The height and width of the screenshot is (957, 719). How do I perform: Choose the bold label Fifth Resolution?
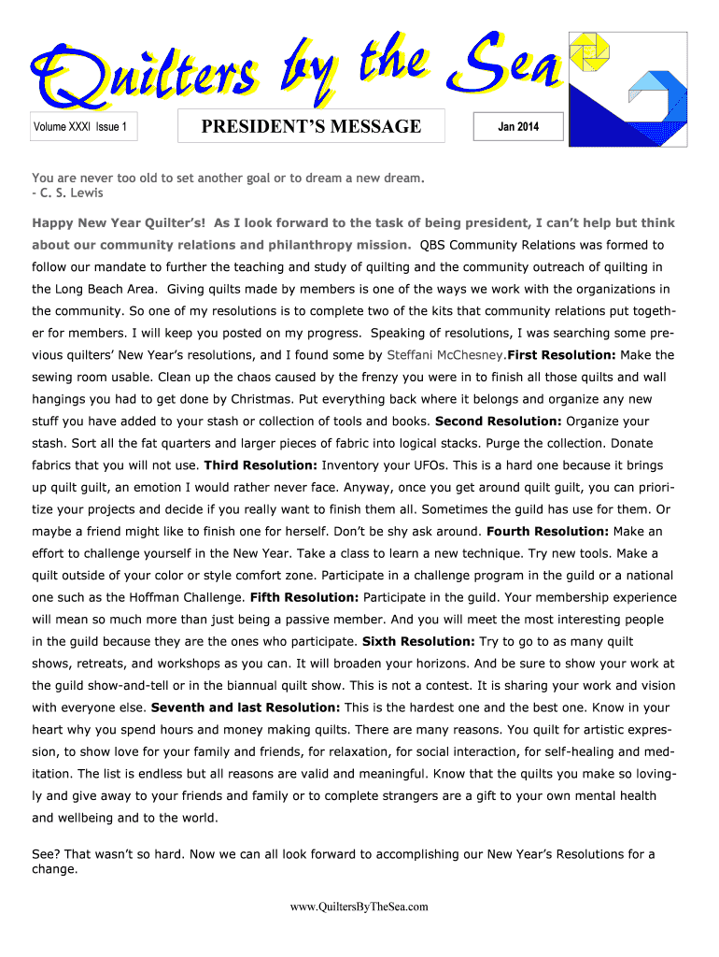click(x=304, y=597)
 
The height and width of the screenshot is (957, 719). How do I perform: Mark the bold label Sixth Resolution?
click(x=418, y=642)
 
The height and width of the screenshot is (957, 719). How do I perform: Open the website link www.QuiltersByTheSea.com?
click(x=359, y=907)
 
